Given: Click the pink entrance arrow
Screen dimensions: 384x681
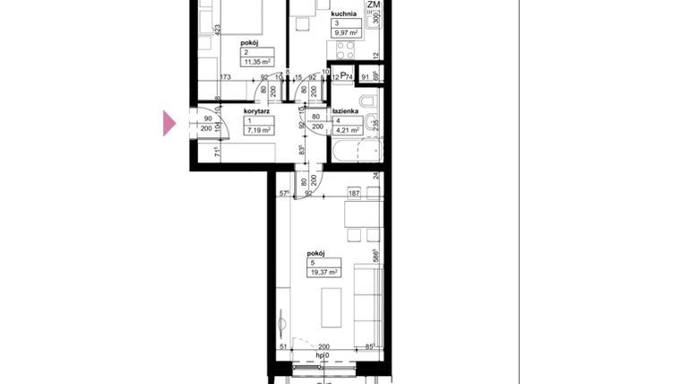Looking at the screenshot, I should tap(169, 124).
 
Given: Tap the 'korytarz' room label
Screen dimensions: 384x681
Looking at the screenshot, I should tap(257, 111).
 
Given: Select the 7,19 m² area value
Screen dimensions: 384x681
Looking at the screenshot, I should tap(259, 130).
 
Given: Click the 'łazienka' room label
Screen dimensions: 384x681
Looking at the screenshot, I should tap(346, 111).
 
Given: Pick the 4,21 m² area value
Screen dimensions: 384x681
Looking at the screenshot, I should tap(348, 130).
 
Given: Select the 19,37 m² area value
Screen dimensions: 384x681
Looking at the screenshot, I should tap(323, 272).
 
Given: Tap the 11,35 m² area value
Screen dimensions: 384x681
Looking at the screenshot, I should tap(258, 61).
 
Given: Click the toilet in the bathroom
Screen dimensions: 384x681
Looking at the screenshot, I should tap(369, 100).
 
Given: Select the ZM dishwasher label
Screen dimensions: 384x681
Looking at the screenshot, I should tap(374, 5).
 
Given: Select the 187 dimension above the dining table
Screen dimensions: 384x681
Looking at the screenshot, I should tap(353, 193).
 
